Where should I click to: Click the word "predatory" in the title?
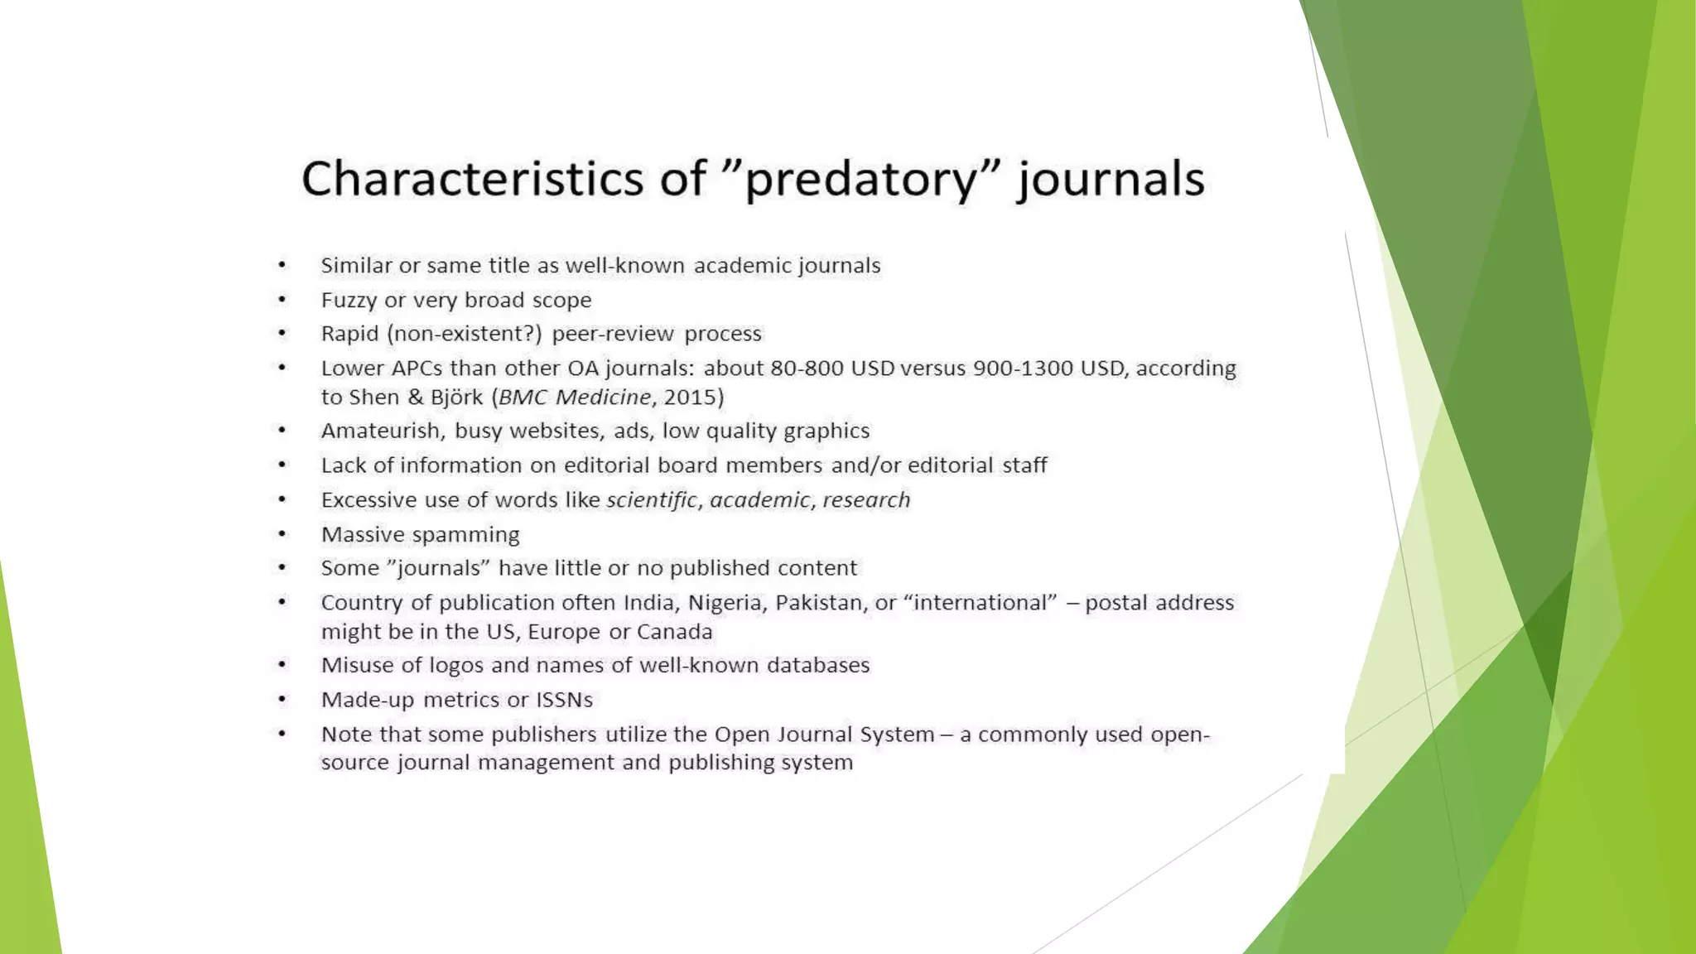(x=861, y=180)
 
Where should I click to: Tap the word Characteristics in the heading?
(x=472, y=178)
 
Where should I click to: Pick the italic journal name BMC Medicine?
(x=575, y=397)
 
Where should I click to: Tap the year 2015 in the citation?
(x=690, y=397)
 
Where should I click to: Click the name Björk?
(x=456, y=397)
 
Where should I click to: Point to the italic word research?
(x=866, y=500)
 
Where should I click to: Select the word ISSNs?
(x=564, y=700)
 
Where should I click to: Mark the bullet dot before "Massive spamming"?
(x=282, y=534)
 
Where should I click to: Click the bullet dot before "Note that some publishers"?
(x=282, y=734)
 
